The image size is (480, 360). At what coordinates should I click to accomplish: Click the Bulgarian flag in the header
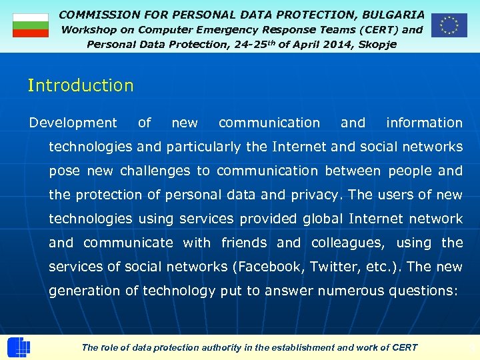[31, 25]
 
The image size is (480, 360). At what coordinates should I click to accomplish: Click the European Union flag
[449, 25]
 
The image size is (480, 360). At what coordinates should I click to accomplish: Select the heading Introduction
[81, 85]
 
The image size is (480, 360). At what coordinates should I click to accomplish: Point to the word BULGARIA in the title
[393, 14]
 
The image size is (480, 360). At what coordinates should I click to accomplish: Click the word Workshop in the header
[89, 29]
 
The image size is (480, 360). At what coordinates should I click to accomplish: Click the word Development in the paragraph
[73, 123]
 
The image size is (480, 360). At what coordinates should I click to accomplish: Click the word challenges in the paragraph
[155, 171]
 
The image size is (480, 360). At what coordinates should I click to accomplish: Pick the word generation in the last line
[86, 291]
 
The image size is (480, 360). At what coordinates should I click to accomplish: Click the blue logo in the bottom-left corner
[19, 347]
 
